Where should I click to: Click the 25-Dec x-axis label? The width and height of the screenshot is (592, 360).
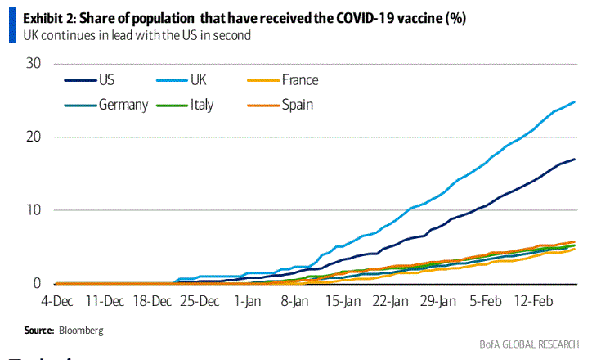(200, 301)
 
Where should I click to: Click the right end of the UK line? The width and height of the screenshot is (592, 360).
(575, 102)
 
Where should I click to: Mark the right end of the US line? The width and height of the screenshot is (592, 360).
(575, 159)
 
